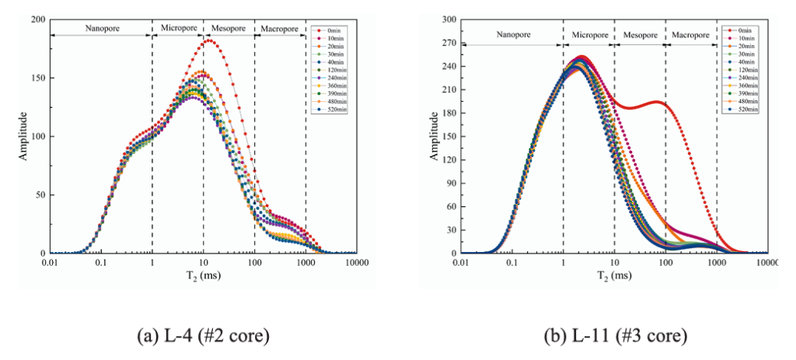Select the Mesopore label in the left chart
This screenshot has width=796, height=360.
229,29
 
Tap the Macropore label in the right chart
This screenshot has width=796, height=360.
691,35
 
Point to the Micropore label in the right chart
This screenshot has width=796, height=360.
589,35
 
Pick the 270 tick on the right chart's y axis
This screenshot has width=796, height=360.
449,43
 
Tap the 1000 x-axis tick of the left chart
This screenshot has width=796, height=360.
305,263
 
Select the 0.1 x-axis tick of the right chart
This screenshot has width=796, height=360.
511,263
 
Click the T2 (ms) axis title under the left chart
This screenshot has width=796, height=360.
203,276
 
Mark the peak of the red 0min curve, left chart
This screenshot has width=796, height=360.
208,40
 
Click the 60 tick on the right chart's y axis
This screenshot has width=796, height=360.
451,207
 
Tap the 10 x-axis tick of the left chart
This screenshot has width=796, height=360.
203,263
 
